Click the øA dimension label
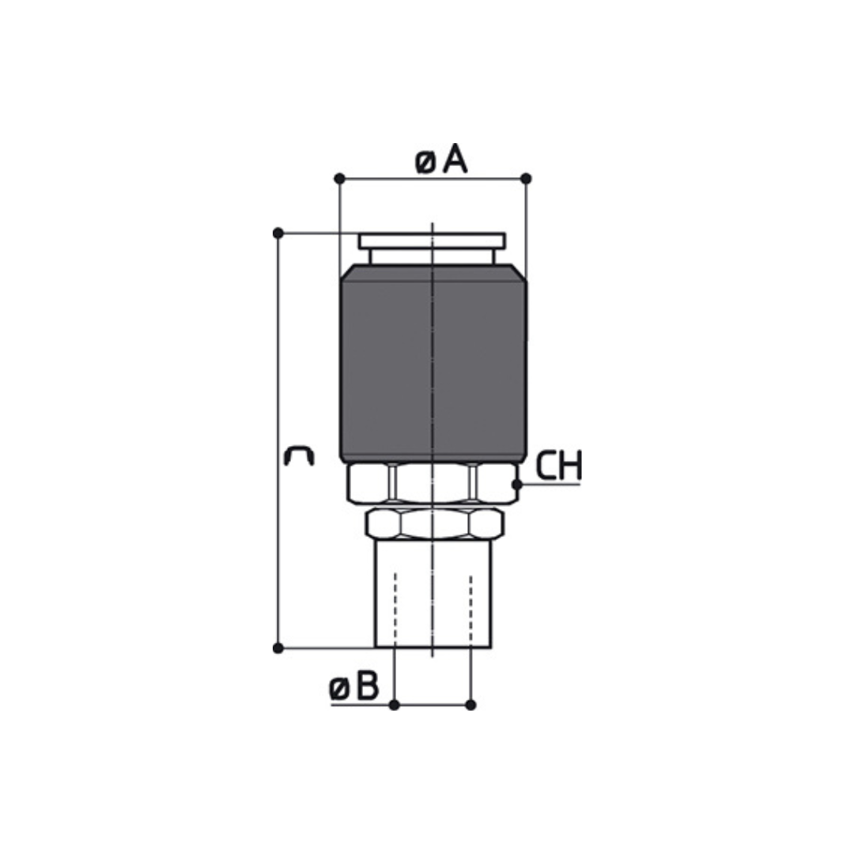[441, 161]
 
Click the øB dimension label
[353, 687]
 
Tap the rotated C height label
[299, 456]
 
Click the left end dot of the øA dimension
[339, 179]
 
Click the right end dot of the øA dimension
[526, 179]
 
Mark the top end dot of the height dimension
[278, 233]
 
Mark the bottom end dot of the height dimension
[278, 648]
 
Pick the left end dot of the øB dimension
[395, 705]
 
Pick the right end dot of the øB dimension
[471, 705]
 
